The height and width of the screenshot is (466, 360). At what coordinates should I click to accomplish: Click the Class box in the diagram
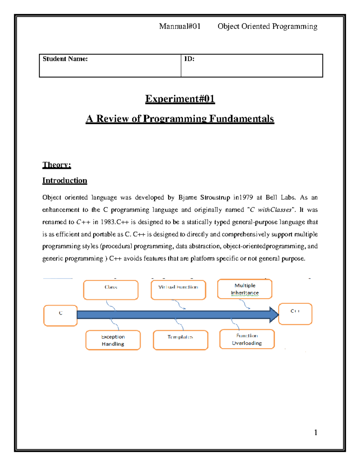coord(111,290)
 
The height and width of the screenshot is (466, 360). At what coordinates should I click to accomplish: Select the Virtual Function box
coord(178,290)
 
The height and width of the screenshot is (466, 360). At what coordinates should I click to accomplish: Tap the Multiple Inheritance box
coord(245,289)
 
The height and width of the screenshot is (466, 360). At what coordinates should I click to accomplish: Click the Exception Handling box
coord(113,340)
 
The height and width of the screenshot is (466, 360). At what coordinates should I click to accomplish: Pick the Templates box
coord(180,340)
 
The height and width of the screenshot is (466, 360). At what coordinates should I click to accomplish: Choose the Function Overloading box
coord(247,339)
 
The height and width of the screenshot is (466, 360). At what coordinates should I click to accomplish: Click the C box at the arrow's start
coord(61,315)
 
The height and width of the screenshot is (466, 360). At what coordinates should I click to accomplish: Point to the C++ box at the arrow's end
coord(295,314)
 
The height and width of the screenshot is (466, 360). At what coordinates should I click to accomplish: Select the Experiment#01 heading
coord(180,99)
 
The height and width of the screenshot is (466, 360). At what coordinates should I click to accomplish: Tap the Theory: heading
coord(57,165)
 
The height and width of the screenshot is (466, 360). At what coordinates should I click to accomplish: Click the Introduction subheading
coord(64,180)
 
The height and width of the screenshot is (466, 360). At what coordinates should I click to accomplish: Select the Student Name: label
coord(65,59)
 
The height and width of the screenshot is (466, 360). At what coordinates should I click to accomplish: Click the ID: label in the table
coord(189,59)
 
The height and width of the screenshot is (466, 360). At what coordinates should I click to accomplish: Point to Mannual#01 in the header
coord(180,26)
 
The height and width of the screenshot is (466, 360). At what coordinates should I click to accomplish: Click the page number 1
coord(316,432)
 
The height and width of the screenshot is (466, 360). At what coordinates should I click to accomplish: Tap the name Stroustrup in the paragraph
coord(215,197)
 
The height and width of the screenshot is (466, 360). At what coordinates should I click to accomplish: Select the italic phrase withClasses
coord(274,210)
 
